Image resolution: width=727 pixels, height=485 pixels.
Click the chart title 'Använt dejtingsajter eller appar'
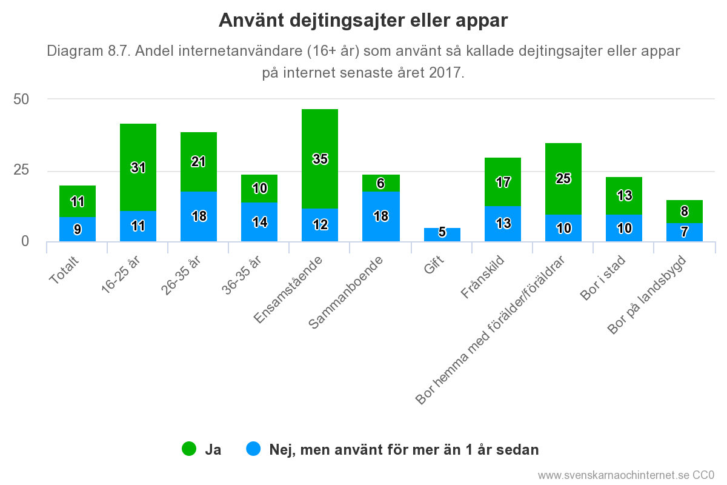363,21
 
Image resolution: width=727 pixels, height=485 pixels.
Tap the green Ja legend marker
190,449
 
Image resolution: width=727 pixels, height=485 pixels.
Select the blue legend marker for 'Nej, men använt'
254,449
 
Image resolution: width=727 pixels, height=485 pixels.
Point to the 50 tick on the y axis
21,99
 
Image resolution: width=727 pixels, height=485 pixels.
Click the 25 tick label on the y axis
21,170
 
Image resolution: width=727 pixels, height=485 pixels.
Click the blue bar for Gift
442,235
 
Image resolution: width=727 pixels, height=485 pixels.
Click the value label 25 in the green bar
563,179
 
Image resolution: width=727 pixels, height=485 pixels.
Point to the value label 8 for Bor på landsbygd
684,212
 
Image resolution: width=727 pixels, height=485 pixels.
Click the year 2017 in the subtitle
445,73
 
